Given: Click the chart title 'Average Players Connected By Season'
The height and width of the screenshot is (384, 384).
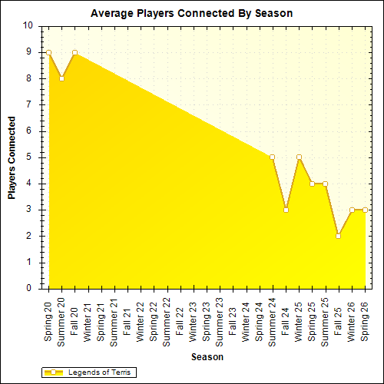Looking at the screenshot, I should click(191, 13).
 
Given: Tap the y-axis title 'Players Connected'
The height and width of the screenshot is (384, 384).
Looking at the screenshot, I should click(12, 157).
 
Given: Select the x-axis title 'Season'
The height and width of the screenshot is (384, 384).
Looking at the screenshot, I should click(207, 357).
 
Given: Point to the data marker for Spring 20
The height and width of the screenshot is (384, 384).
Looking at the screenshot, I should click(48, 52).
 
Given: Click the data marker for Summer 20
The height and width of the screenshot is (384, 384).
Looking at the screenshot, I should click(61, 78).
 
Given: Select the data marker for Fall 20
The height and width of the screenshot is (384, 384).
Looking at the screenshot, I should click(74, 52).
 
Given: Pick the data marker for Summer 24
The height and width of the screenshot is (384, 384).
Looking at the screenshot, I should click(272, 157).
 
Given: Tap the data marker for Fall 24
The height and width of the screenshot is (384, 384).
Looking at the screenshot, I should click(286, 210).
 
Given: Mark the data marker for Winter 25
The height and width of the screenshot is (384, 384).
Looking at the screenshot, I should click(299, 157).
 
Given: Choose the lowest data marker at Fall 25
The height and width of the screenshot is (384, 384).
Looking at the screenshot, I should click(338, 236).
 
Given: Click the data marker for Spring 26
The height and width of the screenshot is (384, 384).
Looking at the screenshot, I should click(365, 210).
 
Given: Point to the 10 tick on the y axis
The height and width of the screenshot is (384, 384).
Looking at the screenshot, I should click(28, 25).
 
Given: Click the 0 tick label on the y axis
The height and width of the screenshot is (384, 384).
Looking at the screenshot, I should click(29, 289).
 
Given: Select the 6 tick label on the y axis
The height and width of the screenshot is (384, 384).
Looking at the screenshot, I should click(29, 131).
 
